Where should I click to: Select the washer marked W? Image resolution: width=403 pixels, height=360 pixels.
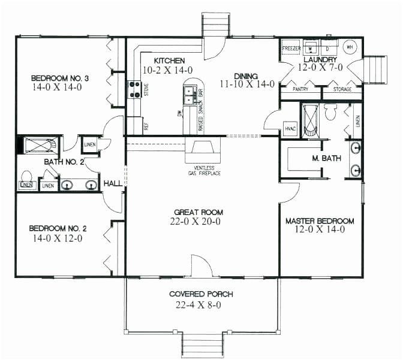tap(311, 48)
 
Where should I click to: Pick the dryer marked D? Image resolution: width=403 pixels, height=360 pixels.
tap(328, 48)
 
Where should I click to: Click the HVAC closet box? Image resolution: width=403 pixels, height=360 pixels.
tap(290, 127)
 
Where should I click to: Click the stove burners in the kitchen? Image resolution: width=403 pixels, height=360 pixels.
tap(133, 89)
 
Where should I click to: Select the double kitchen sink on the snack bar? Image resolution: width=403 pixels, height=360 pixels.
tap(190, 93)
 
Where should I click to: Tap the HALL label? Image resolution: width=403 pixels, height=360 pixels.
tap(113, 183)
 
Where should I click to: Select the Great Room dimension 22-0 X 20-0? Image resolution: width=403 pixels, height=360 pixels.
tap(197, 222)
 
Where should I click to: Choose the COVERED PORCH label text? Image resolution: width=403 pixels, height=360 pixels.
tap(200, 294)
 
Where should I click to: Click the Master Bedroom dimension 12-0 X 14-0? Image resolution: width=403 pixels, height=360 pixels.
tap(320, 230)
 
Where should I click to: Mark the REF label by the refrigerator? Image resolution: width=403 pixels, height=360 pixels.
tap(146, 126)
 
